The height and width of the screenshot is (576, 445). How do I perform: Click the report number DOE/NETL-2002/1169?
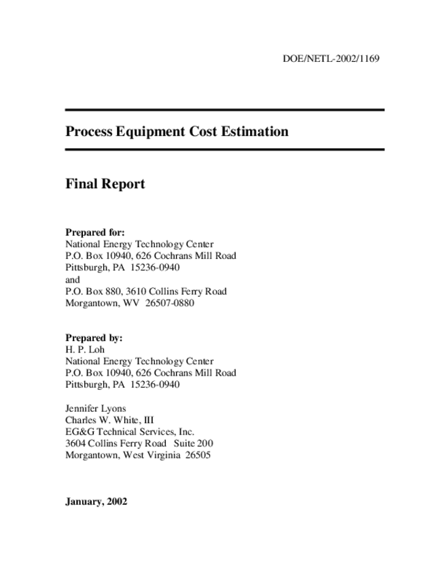[330, 58]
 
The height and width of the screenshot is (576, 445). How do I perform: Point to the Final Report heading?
[105, 183]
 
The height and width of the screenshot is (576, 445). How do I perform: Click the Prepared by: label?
[94, 338]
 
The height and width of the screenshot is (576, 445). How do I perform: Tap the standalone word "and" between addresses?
[72, 279]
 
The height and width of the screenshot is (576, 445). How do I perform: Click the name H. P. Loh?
[85, 350]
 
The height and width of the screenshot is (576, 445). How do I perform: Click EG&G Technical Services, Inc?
[130, 432]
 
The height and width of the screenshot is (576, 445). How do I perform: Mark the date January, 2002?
[96, 502]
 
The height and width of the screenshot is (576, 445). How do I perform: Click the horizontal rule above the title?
[224, 110]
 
